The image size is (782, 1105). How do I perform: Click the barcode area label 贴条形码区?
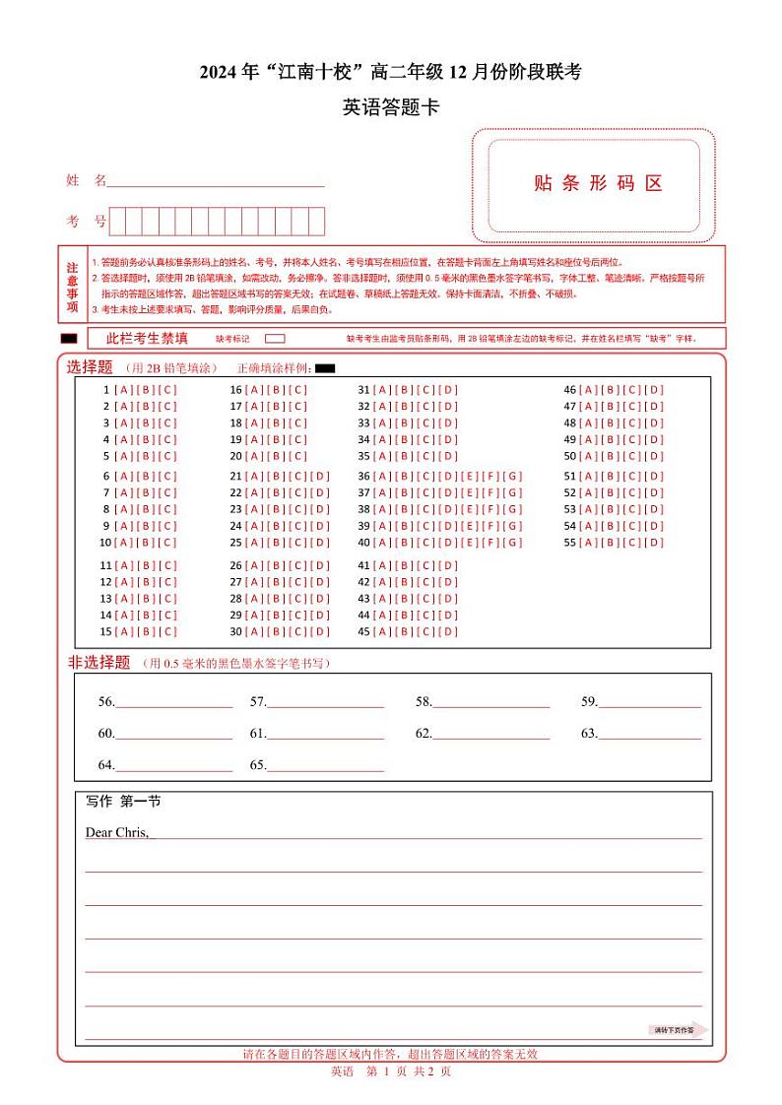click(598, 183)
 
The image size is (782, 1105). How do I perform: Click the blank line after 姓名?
click(216, 181)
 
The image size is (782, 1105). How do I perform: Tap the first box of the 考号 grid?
click(117, 222)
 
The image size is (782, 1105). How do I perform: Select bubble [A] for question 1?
click(120, 390)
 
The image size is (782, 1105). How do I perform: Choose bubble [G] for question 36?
click(514, 477)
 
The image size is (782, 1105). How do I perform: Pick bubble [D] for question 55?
click(656, 543)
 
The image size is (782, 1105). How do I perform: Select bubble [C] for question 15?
click(168, 631)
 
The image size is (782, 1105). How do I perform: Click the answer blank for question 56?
click(174, 703)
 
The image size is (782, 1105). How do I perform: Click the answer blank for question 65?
click(325, 765)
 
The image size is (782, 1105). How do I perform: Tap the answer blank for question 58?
click(491, 703)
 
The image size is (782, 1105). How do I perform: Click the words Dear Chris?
click(116, 833)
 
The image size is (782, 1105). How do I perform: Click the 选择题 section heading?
click(90, 367)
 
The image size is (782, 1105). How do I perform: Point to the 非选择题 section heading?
click(98, 663)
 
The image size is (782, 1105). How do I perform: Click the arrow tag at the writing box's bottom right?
click(681, 1030)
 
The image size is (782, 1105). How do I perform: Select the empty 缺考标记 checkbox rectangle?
click(276, 339)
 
